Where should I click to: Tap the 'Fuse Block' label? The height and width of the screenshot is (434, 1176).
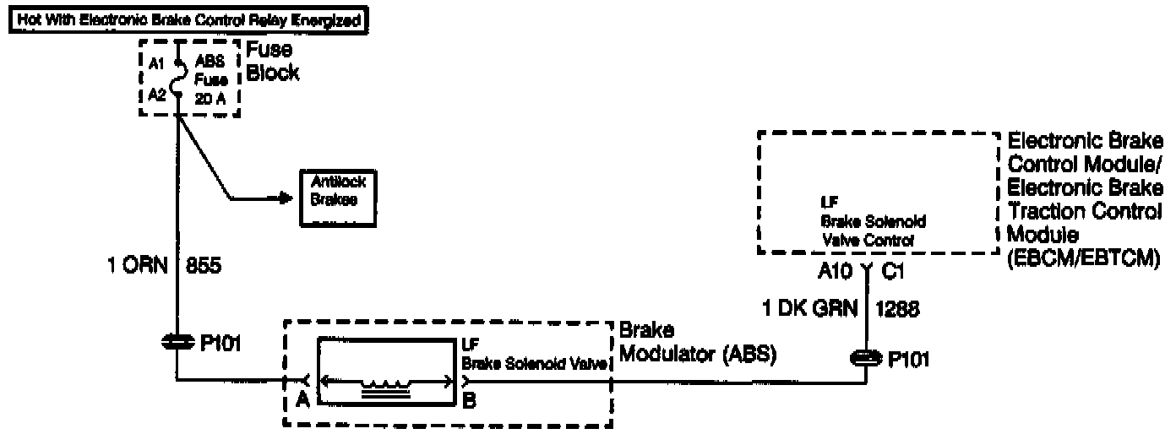pos(273,62)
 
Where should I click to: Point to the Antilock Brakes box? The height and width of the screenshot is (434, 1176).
pos(339,198)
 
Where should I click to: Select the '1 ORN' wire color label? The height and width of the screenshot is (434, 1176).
pos(135,269)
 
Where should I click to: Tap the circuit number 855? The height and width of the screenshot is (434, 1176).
pos(204,269)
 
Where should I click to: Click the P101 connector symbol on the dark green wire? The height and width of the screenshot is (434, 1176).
pos(865,358)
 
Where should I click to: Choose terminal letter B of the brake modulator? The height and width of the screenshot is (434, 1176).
pos(469,401)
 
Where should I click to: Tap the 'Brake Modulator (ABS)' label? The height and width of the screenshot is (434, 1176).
pos(698,343)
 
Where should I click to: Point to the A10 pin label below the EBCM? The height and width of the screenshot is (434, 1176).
pos(838,272)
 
